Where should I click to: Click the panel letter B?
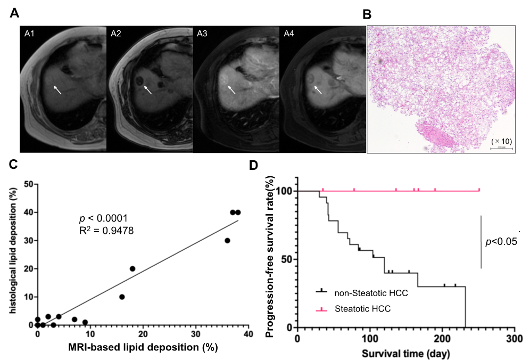(367, 15)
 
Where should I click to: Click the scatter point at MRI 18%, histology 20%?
(132, 268)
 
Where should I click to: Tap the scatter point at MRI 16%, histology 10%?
(122, 297)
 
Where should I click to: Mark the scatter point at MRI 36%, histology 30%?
(227, 240)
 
